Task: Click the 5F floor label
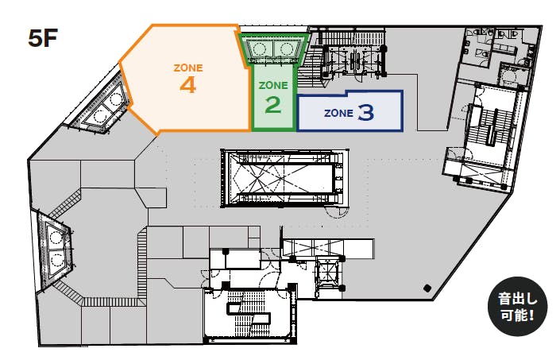43,39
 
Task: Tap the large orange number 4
187,85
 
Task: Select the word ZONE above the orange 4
188,68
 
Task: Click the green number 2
273,105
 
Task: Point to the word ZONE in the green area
273,85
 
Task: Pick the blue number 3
365,112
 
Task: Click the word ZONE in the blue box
338,113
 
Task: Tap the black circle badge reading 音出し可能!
517,307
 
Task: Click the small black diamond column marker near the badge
427,288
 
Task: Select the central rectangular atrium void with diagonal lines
284,178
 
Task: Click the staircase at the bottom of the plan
249,314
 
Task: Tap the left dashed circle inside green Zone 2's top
260,48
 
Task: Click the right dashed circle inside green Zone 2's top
288,48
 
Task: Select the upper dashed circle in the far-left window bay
56,236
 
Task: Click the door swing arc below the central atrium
338,213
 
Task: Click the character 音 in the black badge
504,299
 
